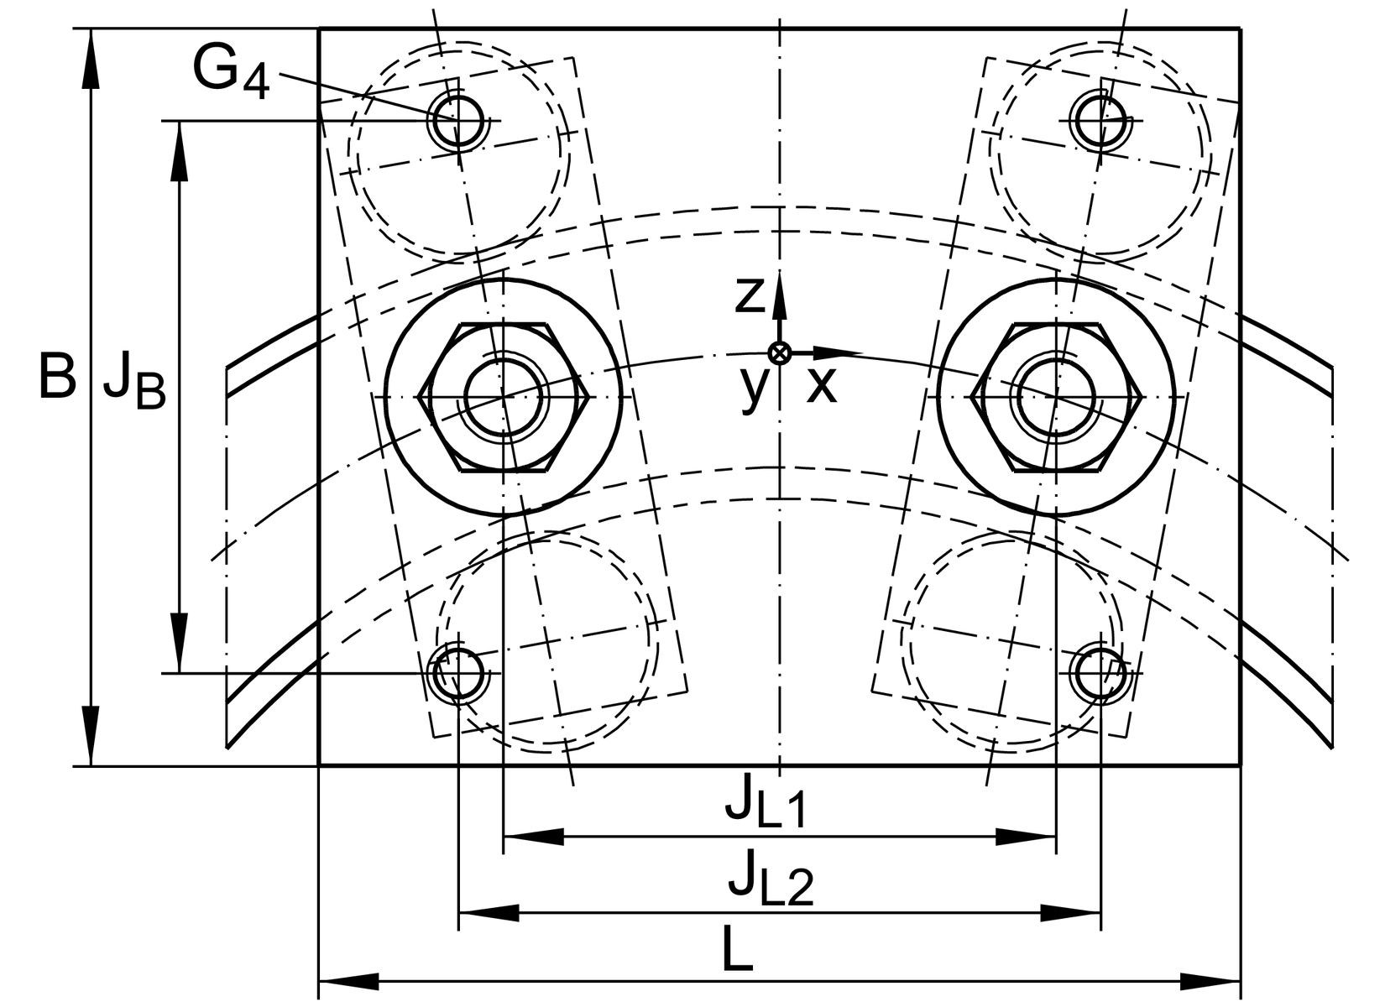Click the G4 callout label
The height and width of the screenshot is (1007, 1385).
pyautogui.click(x=231, y=71)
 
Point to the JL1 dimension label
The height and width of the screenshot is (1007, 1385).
pyautogui.click(x=766, y=801)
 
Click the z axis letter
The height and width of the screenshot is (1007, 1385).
pyautogui.click(x=750, y=295)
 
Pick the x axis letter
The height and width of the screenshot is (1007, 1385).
pyautogui.click(x=821, y=386)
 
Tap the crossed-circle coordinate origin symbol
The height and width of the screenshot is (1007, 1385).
pyautogui.click(x=780, y=353)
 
